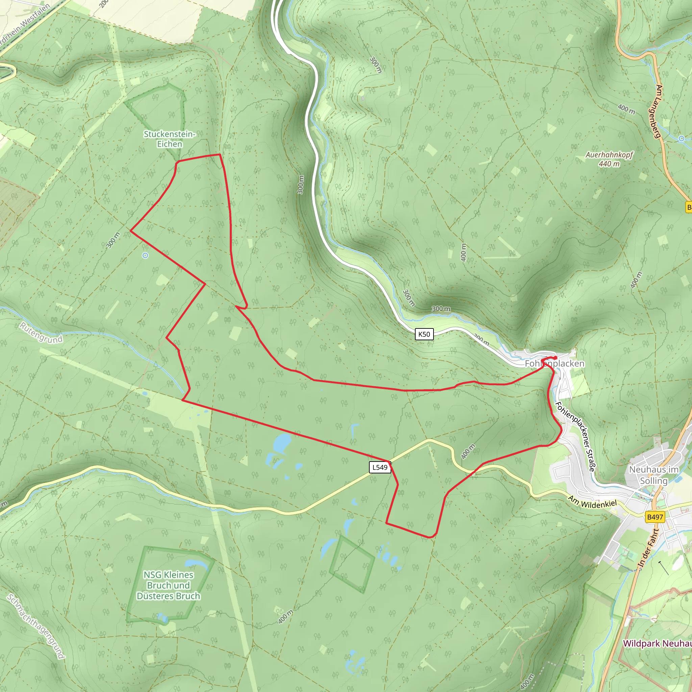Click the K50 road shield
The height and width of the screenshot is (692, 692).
click(x=424, y=334)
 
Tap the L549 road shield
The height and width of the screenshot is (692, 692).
click(x=380, y=467)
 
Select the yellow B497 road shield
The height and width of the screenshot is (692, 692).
click(x=655, y=517)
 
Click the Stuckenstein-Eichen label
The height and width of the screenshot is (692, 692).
click(x=169, y=139)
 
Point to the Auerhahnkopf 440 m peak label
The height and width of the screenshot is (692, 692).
click(x=609, y=159)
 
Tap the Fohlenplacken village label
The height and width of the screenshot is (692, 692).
click(x=554, y=364)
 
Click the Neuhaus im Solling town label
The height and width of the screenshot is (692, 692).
click(x=654, y=475)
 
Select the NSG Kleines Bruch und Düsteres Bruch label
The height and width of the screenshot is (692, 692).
click(x=168, y=585)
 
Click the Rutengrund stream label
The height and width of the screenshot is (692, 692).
click(x=41, y=333)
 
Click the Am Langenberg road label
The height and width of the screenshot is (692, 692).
click(x=658, y=112)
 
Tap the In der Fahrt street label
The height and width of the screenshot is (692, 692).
click(x=648, y=548)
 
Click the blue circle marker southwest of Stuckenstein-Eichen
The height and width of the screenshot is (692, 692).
click(x=145, y=255)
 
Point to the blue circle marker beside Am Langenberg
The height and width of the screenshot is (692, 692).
click(x=681, y=139)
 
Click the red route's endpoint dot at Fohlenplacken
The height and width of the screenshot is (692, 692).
click(x=555, y=358)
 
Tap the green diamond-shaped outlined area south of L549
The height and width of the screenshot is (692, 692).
click(x=352, y=564)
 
